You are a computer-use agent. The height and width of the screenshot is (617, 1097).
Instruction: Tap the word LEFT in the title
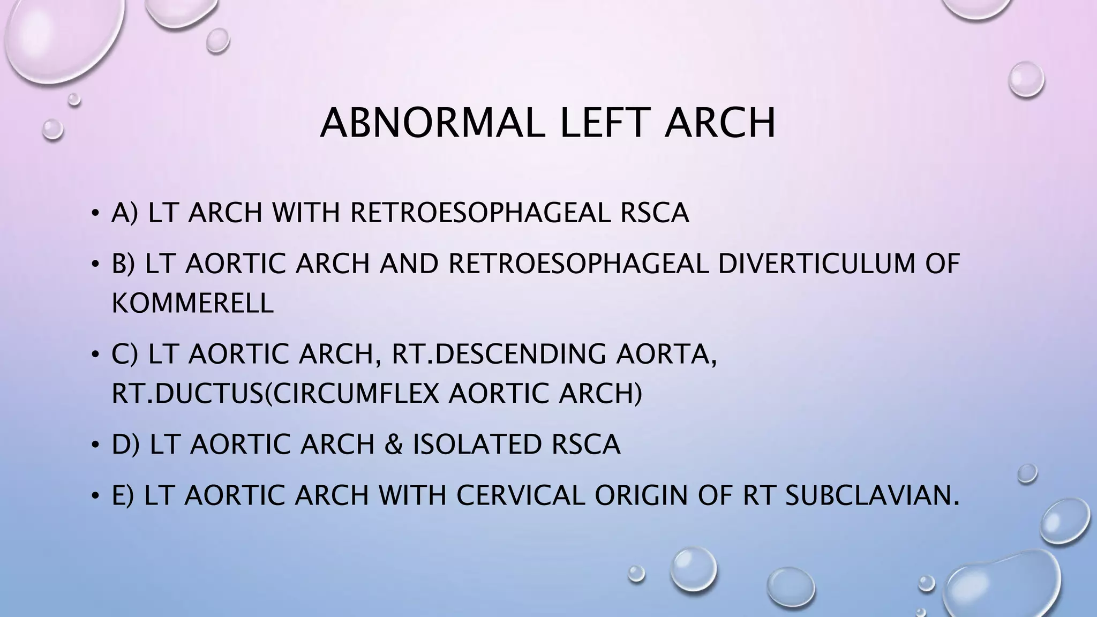click(603, 123)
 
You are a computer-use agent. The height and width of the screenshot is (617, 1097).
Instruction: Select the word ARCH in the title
click(719, 123)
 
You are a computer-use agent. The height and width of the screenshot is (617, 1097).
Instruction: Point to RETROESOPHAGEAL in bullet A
click(480, 213)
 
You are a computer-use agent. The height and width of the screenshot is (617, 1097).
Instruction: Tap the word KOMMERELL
click(192, 303)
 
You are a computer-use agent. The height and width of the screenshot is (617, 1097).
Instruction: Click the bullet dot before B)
click(95, 265)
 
